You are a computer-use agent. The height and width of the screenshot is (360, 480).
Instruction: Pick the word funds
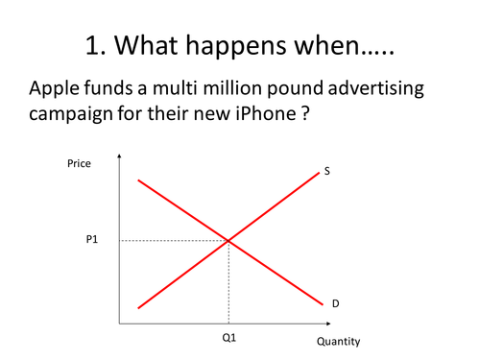click(x=115, y=88)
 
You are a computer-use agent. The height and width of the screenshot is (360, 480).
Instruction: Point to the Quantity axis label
click(x=338, y=341)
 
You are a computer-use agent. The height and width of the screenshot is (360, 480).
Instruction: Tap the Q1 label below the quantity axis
click(x=228, y=338)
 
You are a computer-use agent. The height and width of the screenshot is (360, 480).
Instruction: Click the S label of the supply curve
click(x=327, y=171)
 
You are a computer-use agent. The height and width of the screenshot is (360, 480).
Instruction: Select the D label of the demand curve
click(x=336, y=303)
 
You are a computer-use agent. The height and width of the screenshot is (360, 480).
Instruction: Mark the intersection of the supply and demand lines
click(x=228, y=240)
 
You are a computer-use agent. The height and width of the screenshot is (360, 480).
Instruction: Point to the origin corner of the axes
click(x=118, y=324)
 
